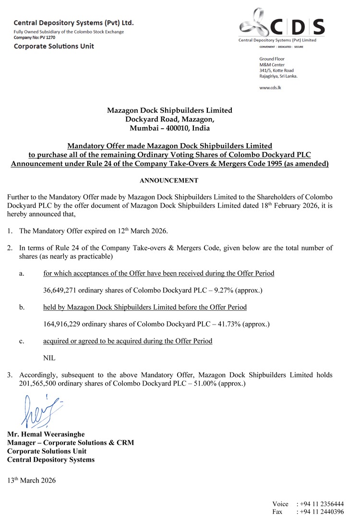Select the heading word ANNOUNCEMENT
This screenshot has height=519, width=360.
[169, 181]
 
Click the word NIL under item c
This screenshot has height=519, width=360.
[49, 358]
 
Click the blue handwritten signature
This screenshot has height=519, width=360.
[41, 411]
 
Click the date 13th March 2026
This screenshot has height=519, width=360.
[32, 480]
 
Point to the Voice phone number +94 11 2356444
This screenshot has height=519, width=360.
[322, 504]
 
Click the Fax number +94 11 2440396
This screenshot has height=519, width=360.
[322, 512]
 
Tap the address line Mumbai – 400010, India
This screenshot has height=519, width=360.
[169, 128]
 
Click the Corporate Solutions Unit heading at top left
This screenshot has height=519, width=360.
[54, 46]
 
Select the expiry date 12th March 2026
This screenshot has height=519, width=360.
[143, 231]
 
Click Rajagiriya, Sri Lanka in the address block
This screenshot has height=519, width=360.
[278, 76]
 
